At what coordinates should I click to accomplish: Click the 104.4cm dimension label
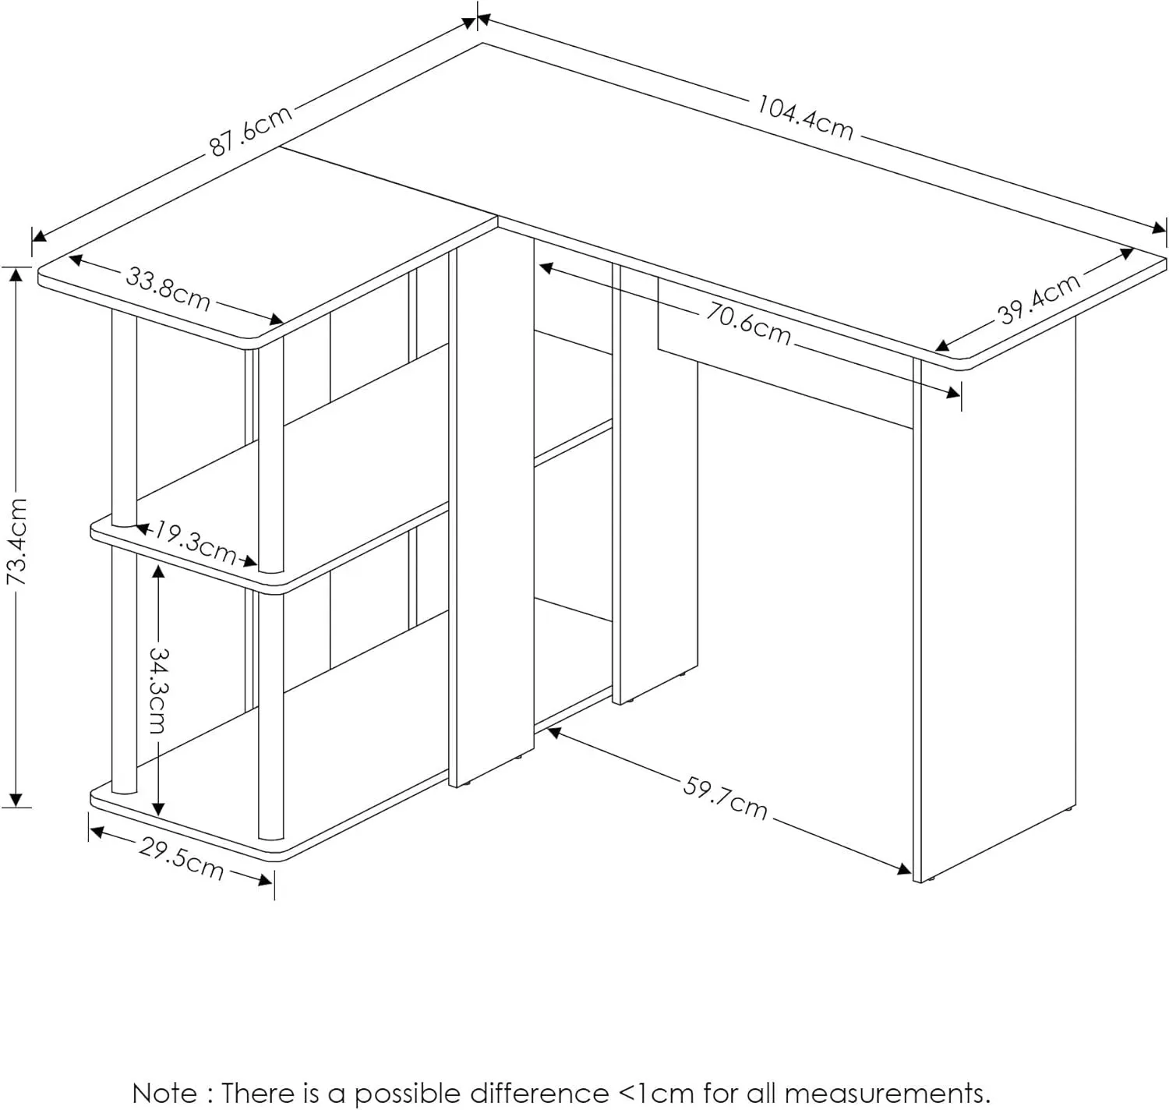point(805,118)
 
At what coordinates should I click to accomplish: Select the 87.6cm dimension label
point(251,130)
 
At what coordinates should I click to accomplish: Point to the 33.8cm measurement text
point(168,288)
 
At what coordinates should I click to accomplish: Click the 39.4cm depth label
point(1040,298)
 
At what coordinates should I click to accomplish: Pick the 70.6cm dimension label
point(748,323)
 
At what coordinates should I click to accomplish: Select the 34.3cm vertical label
point(158,689)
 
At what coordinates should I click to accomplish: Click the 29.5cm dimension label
point(182,857)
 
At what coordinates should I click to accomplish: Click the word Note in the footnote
point(164,1093)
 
